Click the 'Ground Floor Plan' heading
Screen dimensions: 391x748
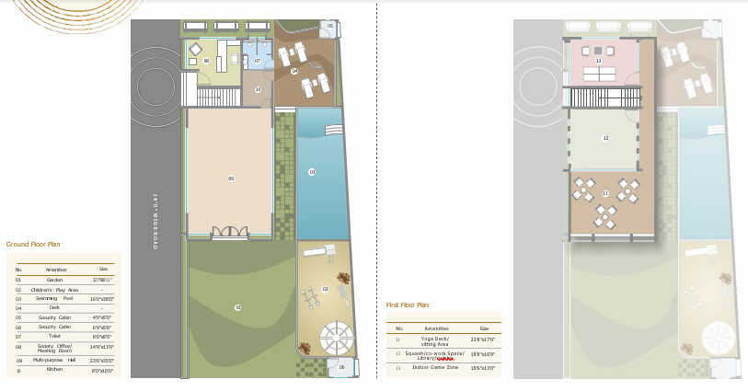pos(33,245)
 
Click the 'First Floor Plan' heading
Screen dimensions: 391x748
pos(408,305)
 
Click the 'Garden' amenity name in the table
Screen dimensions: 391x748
pos(55,280)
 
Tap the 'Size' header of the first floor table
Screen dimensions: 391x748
pos(484,328)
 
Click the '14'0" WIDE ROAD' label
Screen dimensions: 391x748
pos(156,221)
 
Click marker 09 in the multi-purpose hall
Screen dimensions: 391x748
pos(231,178)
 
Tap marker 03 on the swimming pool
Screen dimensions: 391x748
pos(312,172)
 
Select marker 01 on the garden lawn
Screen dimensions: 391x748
pos(237,307)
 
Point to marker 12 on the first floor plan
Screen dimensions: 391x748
pos(605,139)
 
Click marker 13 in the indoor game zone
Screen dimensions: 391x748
pos(599,62)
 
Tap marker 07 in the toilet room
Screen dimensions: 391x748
pos(258,61)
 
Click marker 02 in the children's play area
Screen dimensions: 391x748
pos(325,289)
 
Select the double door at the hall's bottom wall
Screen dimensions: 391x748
pos(229,233)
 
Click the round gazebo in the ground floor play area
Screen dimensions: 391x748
pos(335,336)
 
